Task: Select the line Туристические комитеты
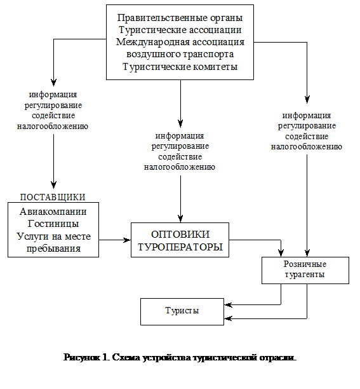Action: (x=180, y=67)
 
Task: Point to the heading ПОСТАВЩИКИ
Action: (x=53, y=196)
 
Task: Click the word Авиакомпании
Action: (x=53, y=212)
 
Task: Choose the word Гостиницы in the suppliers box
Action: (x=53, y=224)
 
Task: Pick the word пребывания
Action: (x=53, y=248)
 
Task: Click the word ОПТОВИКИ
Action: (x=180, y=233)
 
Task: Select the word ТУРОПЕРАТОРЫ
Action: (x=180, y=246)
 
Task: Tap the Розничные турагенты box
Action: (x=305, y=270)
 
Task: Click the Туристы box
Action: (x=182, y=311)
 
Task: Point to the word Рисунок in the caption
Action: (x=81, y=358)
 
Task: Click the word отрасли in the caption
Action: (x=278, y=358)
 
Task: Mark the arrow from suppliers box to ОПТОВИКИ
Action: (x=115, y=240)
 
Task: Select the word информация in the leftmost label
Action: (x=53, y=94)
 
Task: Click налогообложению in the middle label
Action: (x=181, y=167)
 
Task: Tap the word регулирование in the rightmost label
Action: (x=307, y=126)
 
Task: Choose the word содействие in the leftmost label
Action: (x=53, y=116)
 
